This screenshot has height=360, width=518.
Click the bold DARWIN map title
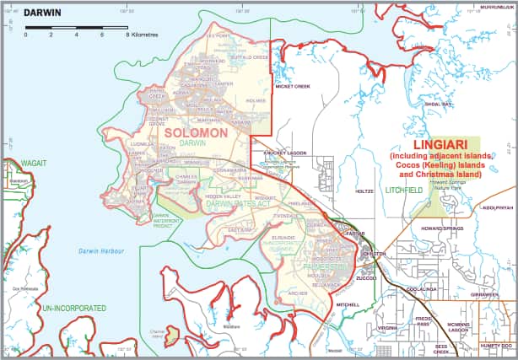coord(40,13)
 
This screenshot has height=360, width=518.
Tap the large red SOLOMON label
coord(196,133)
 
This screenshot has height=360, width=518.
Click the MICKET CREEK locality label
coord(293,86)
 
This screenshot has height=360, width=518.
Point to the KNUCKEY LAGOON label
coord(283,153)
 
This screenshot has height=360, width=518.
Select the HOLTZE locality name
coord(364,191)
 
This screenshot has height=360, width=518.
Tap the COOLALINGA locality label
coord(421,288)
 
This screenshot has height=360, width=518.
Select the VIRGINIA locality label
coord(387,328)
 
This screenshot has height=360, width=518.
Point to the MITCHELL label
coord(348,304)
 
